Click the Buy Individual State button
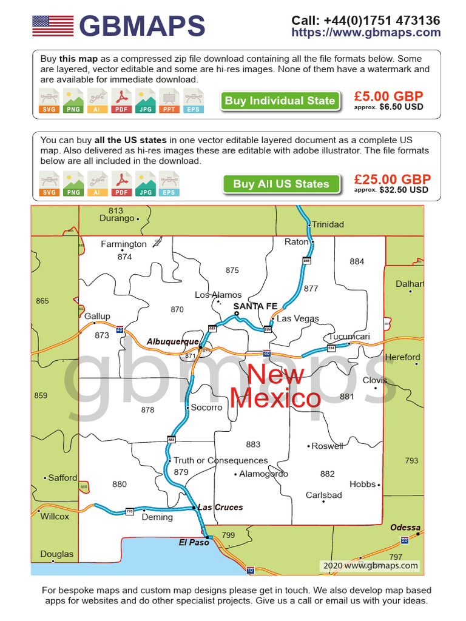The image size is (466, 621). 280,101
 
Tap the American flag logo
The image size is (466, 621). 53,25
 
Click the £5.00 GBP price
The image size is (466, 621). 388,96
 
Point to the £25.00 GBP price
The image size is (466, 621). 393,180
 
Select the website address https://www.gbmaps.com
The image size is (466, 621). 366,33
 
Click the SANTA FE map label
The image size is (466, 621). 255,306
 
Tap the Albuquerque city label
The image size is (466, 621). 172,341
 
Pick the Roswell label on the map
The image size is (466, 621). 327,446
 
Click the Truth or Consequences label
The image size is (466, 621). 220,460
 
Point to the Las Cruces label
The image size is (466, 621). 220,507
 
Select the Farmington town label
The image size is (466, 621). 124,244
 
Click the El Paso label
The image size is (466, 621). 194,542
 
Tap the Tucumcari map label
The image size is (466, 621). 349,337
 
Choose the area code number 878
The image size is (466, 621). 147,410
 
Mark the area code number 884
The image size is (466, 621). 357,261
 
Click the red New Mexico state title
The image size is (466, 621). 275,386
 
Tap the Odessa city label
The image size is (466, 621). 405,528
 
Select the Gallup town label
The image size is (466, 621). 98,316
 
